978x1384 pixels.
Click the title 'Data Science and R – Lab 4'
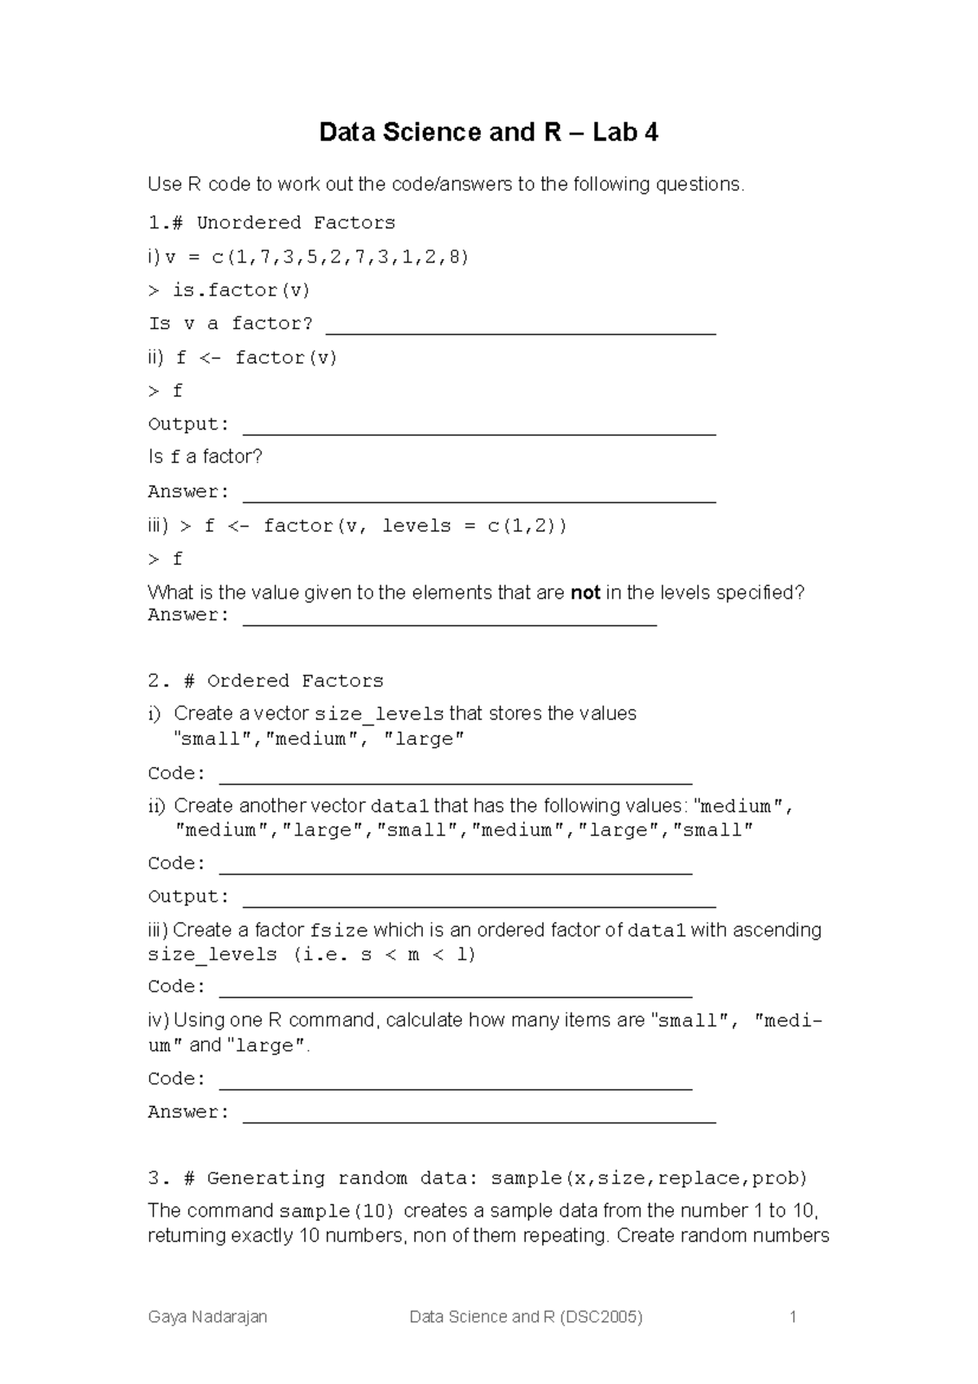coord(488,132)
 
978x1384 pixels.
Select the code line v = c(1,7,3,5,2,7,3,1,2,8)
coord(317,258)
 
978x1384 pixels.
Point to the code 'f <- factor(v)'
coord(257,358)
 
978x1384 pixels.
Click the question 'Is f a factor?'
coord(205,456)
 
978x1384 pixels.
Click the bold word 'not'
coord(585,593)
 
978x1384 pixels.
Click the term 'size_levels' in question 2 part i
coord(379,714)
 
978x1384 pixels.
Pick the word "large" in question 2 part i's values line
coord(424,739)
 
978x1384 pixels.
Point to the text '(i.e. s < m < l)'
coord(384,954)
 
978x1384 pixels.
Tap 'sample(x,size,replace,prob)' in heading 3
coord(649,1178)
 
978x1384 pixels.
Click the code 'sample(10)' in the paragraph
coord(337,1210)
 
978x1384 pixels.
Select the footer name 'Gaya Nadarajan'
coord(207,1316)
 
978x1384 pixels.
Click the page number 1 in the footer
coord(792,1316)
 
